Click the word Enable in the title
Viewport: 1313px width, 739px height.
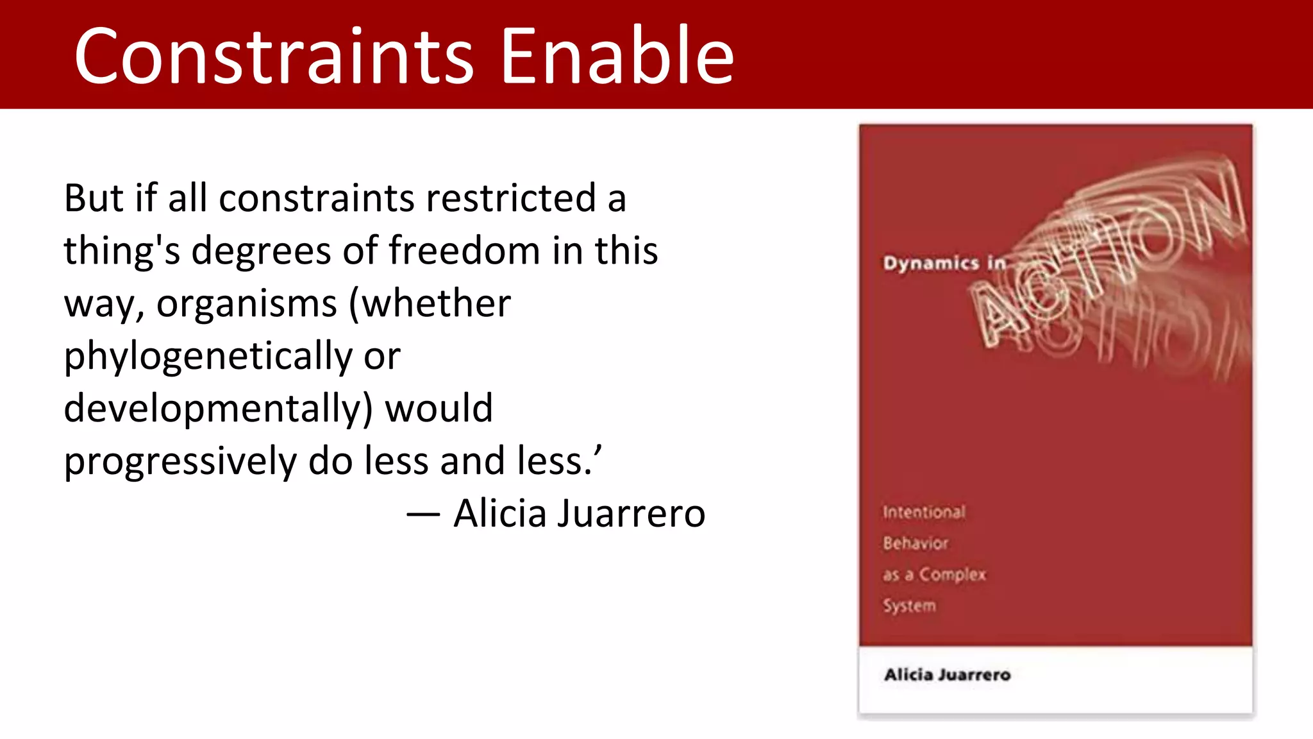click(x=617, y=56)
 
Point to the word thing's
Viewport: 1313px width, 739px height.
click(x=122, y=251)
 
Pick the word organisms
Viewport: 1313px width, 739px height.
click(x=247, y=303)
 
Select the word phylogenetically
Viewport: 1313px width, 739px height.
click(x=208, y=357)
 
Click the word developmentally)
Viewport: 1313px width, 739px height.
click(x=218, y=409)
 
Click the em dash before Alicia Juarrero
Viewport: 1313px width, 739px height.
click(x=423, y=514)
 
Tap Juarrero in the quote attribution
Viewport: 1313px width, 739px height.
click(x=631, y=514)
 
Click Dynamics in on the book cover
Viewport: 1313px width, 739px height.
click(x=944, y=264)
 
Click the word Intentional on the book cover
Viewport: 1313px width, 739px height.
click(x=924, y=512)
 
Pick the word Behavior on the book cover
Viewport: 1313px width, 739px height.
click(x=916, y=543)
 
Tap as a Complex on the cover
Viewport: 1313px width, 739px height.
click(x=934, y=575)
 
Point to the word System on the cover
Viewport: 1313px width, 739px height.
click(x=909, y=606)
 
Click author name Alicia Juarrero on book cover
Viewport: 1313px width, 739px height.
click(x=947, y=675)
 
